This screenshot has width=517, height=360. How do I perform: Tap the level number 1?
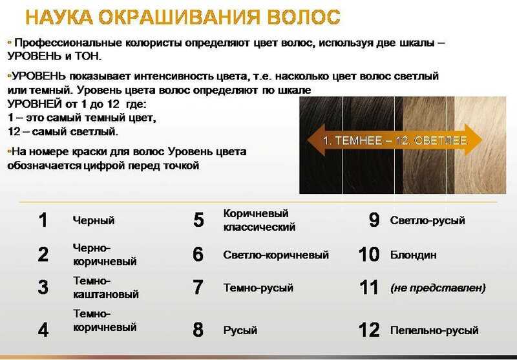point(43,220)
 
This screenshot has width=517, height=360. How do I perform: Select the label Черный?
point(94,220)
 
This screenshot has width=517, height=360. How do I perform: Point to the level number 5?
point(198,220)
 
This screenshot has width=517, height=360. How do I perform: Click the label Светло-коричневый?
point(276,255)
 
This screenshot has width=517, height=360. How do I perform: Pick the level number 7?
point(198,288)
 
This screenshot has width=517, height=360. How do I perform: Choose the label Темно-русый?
point(258,288)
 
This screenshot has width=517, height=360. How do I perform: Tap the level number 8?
point(198,330)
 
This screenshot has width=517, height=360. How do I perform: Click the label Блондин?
point(413,255)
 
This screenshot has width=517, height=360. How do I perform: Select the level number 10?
point(369,255)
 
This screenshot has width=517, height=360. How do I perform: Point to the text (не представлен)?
point(438,288)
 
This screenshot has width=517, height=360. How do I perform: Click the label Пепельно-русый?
point(434,330)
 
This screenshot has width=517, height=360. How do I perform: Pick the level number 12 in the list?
point(369,330)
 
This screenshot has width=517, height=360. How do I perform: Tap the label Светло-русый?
point(427,220)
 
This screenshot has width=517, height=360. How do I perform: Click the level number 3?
point(43,287)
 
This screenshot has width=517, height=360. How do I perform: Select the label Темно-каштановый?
point(105,287)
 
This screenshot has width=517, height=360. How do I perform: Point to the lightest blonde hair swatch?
point(480,145)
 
